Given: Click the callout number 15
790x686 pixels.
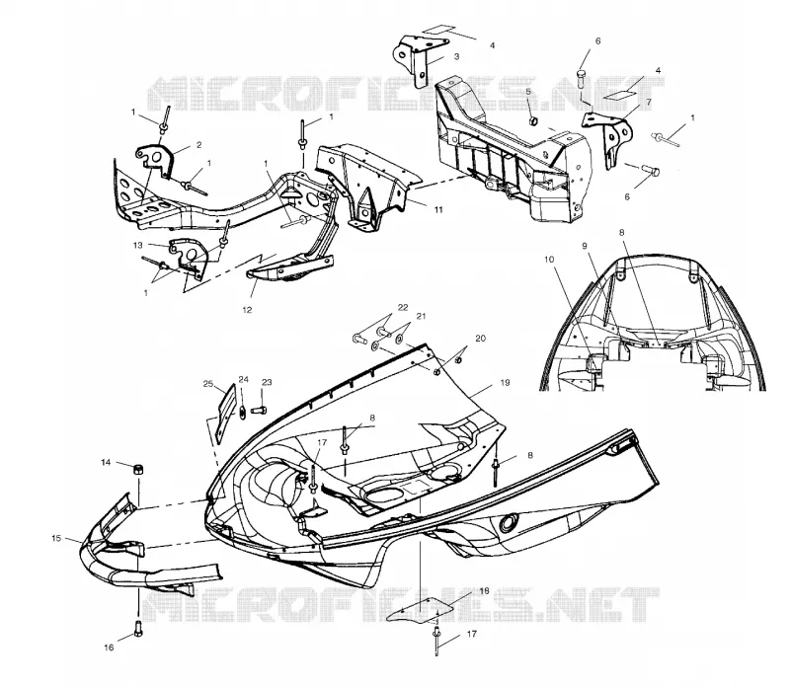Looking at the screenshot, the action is click(x=56, y=538).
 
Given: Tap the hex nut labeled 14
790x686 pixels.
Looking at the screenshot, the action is click(x=136, y=470).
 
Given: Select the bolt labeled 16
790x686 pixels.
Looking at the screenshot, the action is click(x=138, y=628).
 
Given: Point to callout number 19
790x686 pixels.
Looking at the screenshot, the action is click(x=505, y=383).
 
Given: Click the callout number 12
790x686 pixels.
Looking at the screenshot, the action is click(x=247, y=310).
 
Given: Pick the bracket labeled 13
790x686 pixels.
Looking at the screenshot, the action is click(x=189, y=255).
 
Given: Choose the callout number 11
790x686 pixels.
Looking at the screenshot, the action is click(x=438, y=209).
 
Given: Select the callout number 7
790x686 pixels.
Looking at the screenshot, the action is click(x=649, y=103).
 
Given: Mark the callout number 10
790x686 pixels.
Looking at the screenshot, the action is click(x=549, y=260).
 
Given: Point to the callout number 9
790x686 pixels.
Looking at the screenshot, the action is click(x=585, y=246).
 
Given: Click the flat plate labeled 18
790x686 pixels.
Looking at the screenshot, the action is click(x=420, y=610).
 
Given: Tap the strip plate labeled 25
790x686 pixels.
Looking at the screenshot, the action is click(x=226, y=414).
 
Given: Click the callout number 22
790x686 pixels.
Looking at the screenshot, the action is click(x=403, y=307).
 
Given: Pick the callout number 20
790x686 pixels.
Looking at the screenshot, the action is click(x=480, y=338).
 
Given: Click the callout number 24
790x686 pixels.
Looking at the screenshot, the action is click(x=243, y=379).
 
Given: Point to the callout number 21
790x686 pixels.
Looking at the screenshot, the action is click(x=422, y=316).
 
